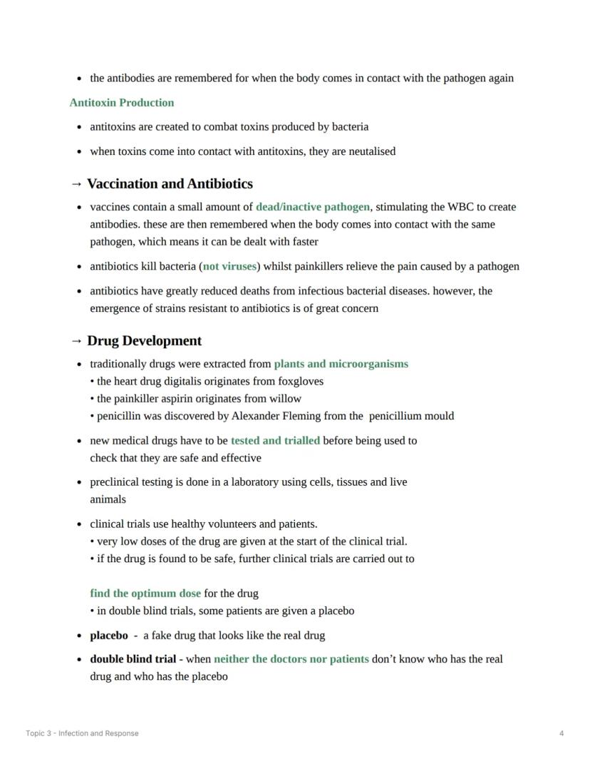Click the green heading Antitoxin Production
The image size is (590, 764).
122,103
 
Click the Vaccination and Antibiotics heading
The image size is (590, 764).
170,184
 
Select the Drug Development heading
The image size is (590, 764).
144,341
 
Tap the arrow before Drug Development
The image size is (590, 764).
77,341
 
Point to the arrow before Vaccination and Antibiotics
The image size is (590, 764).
77,184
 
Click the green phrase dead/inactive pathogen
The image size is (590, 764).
313,207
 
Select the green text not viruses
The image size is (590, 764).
229,267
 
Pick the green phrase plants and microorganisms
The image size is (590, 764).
341,364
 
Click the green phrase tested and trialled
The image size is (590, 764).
275,441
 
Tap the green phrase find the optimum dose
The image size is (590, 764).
145,594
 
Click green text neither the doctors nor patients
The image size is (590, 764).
291,659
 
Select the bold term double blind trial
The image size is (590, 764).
133,659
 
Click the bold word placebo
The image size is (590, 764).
109,636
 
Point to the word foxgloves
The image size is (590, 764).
300,382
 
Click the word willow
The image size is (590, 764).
286,399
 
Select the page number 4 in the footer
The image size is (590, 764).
561,733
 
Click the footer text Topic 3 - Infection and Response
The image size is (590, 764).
82,733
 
